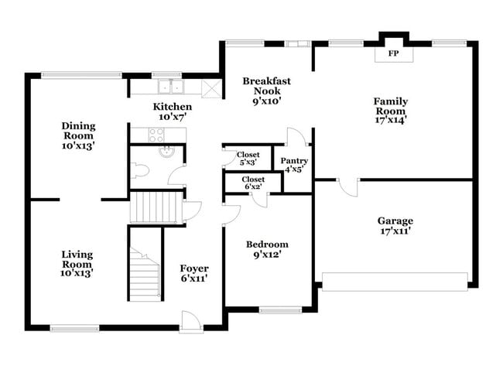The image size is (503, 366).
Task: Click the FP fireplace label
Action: (393, 54)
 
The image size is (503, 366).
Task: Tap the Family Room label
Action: (390, 110)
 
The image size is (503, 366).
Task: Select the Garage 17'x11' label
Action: (395, 225)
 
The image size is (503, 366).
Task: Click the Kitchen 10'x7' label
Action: (172, 111)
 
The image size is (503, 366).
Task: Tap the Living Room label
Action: (77, 263)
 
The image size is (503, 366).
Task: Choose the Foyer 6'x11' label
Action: (193, 273)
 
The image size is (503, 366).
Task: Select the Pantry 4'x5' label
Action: (294, 164)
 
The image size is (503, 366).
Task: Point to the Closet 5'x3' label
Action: (248, 159)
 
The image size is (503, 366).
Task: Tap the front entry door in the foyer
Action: (191, 320)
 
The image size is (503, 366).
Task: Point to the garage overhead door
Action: (395, 281)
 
